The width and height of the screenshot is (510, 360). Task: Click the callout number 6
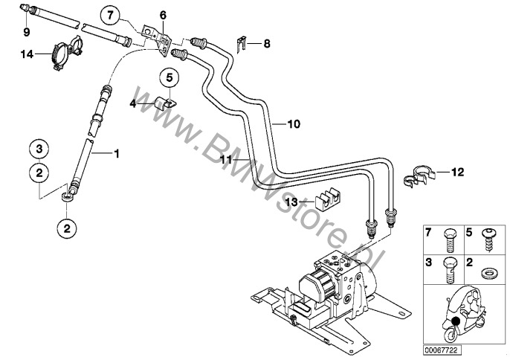point(164,14)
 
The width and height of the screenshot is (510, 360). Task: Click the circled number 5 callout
point(169,77)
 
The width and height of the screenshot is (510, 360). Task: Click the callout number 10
point(293,125)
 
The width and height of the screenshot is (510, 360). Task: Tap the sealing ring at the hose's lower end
point(68,198)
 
